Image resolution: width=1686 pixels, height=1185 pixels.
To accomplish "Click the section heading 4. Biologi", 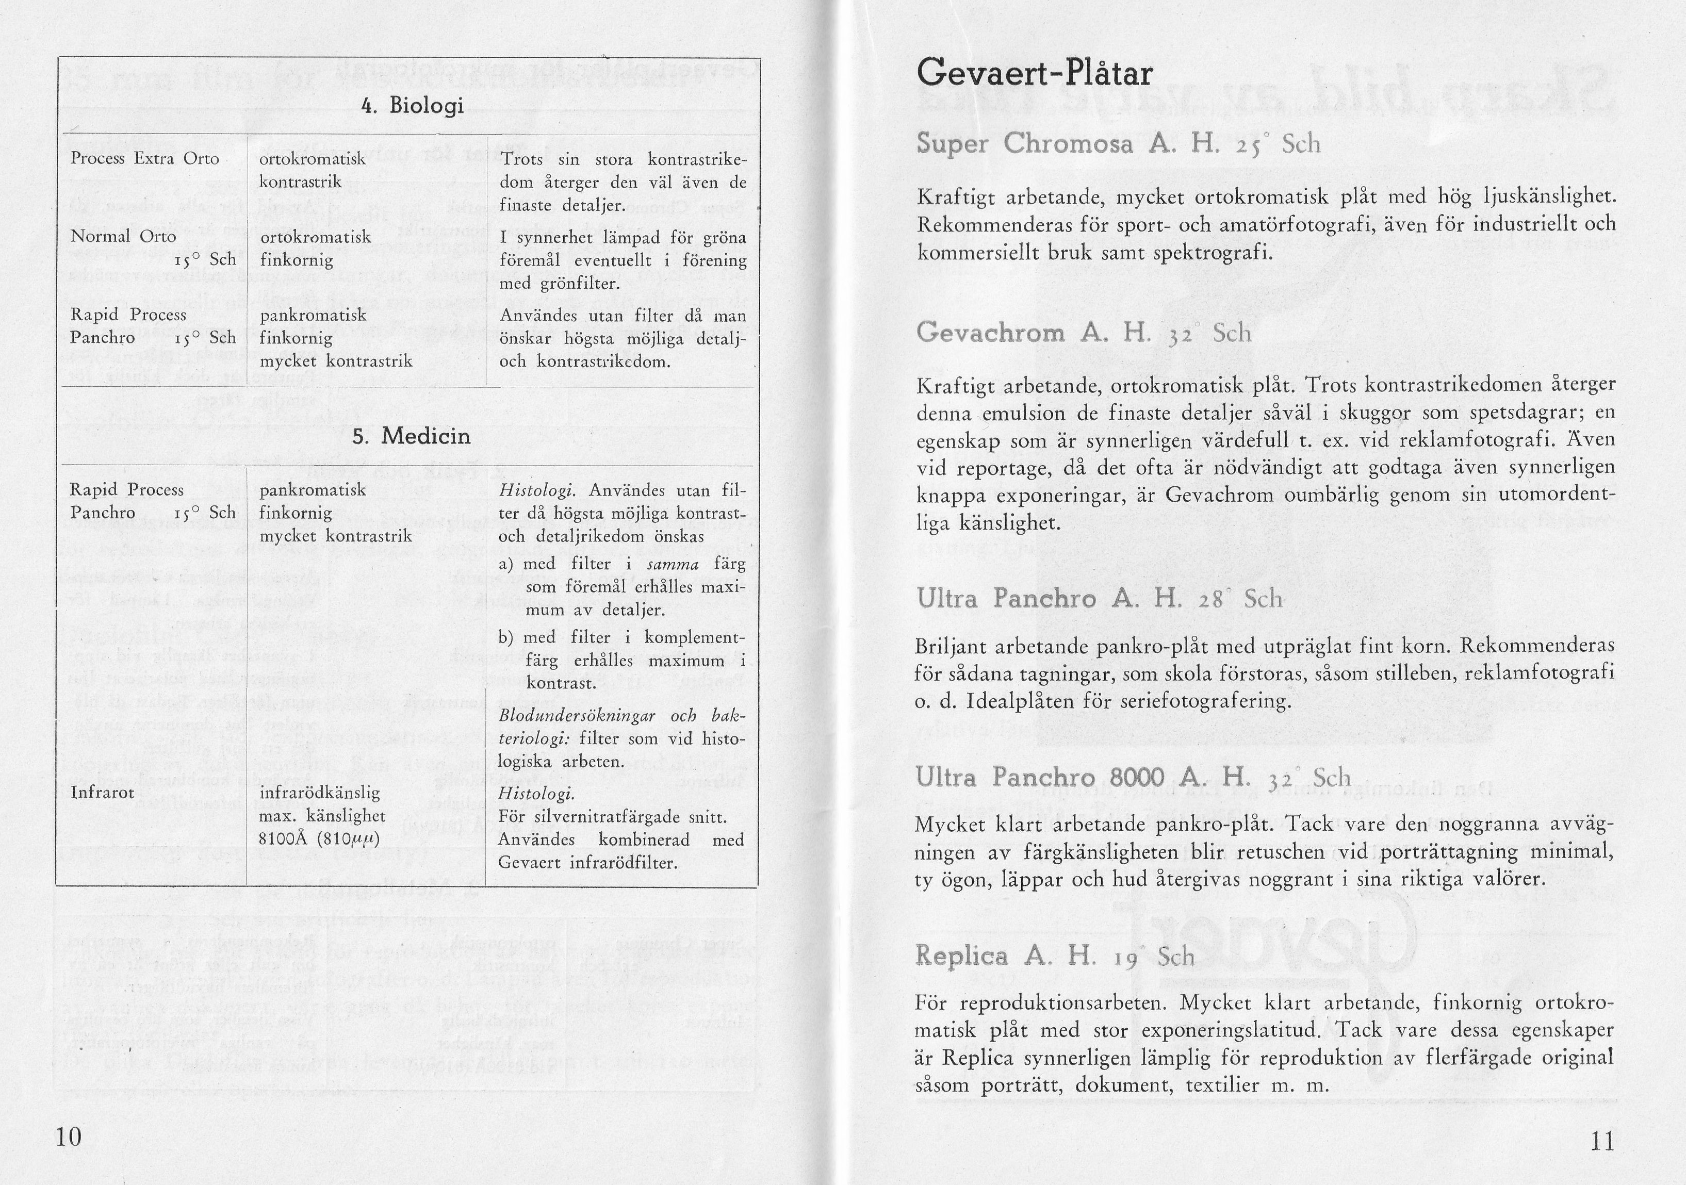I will click(413, 106).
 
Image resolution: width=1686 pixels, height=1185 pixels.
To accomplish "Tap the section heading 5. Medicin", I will click(411, 436).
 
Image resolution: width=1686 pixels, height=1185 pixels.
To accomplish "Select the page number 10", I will click(69, 1137).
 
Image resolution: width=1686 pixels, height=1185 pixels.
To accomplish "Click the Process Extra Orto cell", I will click(144, 159).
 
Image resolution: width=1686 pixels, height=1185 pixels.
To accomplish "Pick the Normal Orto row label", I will click(123, 236).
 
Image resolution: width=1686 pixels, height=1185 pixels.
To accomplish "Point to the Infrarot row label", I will click(102, 793).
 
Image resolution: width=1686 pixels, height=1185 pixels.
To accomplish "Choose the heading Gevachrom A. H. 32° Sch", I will click(1083, 333).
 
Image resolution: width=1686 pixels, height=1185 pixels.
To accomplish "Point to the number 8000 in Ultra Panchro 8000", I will click(1139, 778).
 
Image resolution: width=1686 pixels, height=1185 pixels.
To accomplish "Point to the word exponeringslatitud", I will click(1218, 1031).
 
